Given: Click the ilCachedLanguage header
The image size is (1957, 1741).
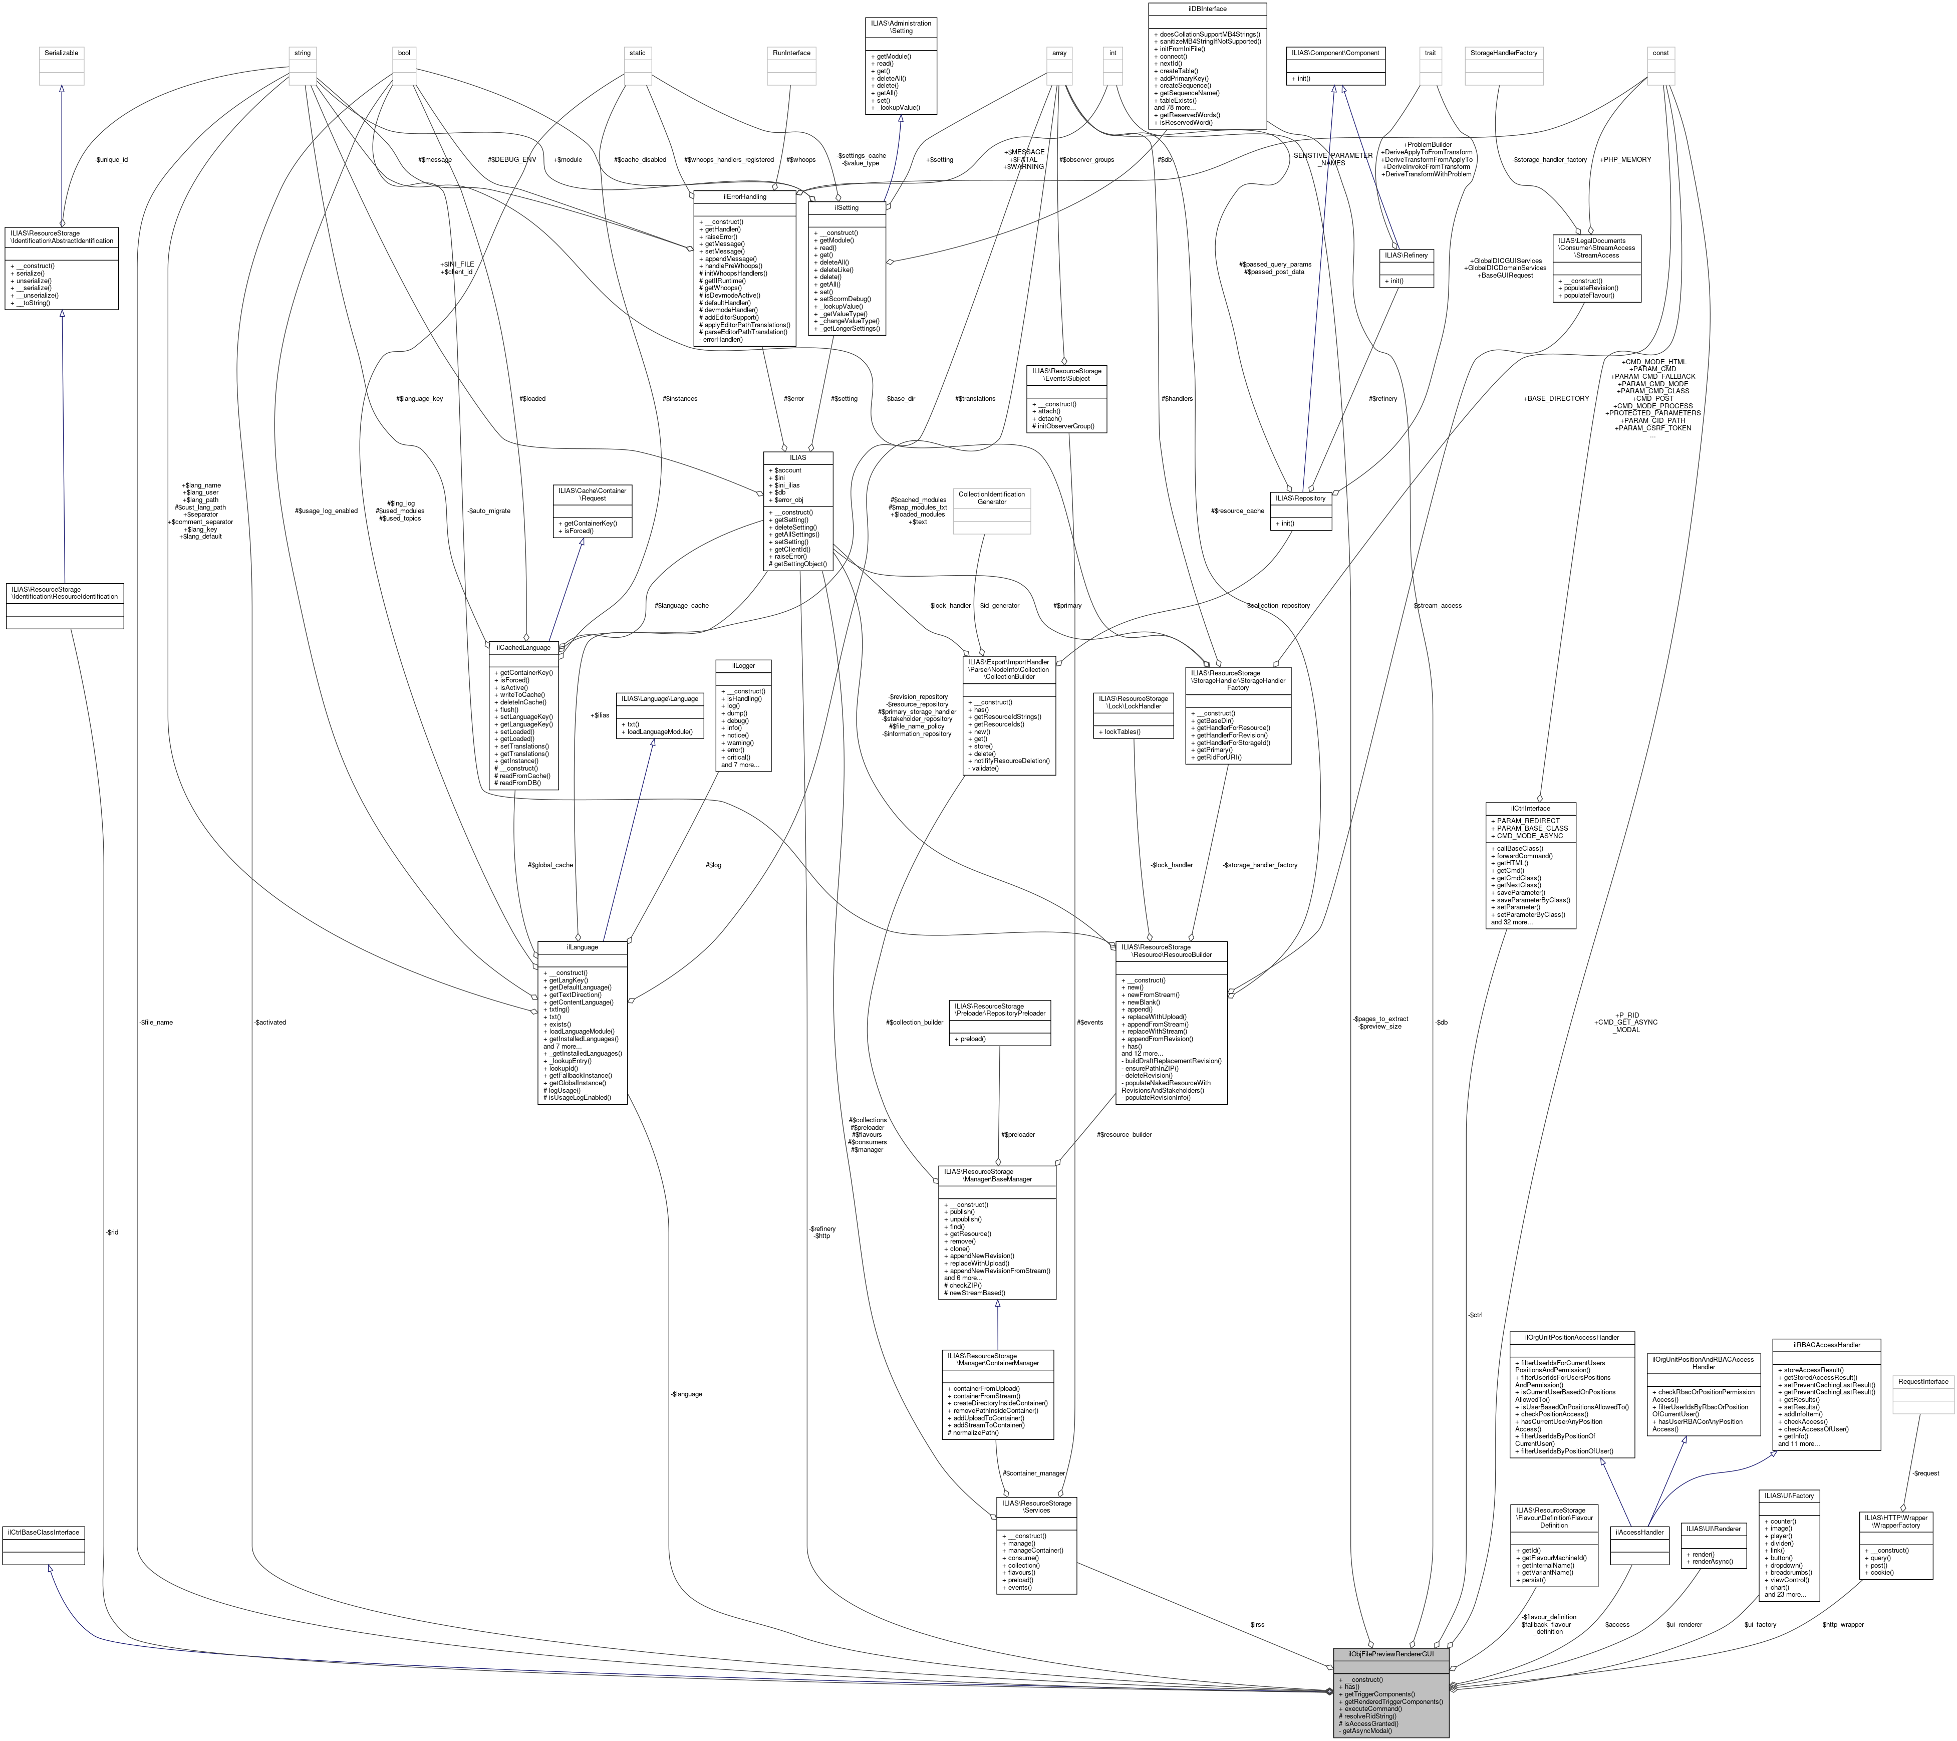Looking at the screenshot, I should [x=523, y=647].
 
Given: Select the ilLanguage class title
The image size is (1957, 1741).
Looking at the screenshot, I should [x=582, y=947].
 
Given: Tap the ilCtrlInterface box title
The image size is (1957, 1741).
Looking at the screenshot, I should [x=1530, y=808].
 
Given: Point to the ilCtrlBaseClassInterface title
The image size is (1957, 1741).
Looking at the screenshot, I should [x=44, y=1532].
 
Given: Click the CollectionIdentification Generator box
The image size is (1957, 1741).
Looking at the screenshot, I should [x=992, y=498].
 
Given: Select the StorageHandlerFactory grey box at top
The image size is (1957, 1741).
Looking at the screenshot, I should [x=1502, y=54].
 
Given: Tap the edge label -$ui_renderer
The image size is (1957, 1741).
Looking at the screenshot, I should [x=1683, y=1624].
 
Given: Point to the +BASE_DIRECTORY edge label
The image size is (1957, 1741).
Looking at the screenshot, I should [x=1556, y=398].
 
